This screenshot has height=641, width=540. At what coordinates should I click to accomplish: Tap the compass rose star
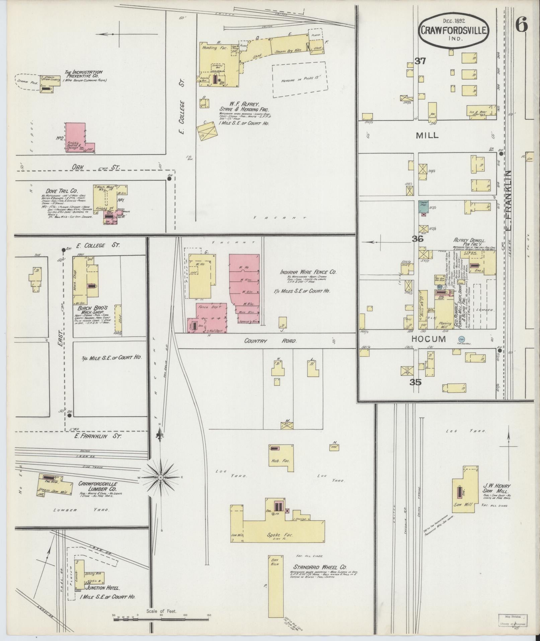tap(160, 477)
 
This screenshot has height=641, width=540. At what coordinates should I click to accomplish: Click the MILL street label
tap(427, 135)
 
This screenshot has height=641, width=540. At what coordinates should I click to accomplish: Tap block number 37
tap(420, 61)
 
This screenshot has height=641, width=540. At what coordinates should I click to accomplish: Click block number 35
tap(415, 382)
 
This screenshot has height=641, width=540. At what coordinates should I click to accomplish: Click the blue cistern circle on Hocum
tap(462, 339)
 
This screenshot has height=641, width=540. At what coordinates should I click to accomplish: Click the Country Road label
tap(270, 341)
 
